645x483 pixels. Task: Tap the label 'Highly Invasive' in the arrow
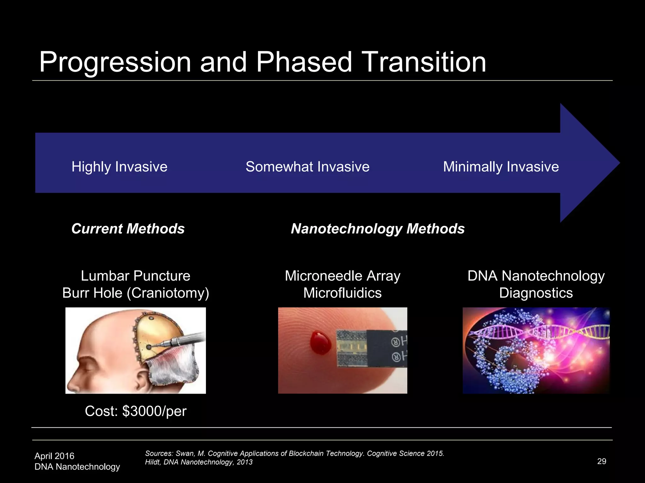(119, 167)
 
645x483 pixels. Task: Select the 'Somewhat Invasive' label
(307, 167)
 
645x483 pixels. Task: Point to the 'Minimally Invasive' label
(501, 167)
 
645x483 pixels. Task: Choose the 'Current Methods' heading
(128, 229)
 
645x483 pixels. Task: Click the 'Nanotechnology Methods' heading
(378, 229)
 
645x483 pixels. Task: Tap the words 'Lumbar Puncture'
(135, 276)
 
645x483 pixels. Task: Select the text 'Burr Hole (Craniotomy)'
(135, 293)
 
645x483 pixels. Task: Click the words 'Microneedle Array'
(342, 276)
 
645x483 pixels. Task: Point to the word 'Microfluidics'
(342, 293)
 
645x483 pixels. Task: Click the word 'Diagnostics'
(536, 293)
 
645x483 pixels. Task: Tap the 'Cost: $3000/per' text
(135, 411)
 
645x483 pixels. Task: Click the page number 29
(602, 461)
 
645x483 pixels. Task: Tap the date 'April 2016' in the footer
(54, 456)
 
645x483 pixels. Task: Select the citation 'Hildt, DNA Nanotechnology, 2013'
(199, 462)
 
